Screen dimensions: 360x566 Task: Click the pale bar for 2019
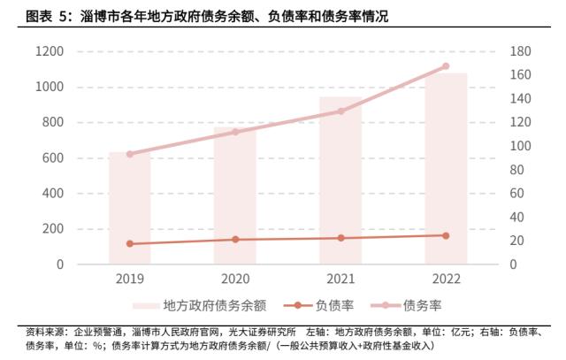click(130, 208)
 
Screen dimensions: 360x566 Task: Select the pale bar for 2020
click(235, 195)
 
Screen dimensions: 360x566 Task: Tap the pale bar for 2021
click(340, 180)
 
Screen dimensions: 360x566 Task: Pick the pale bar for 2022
click(446, 168)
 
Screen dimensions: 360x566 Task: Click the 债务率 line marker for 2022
click(446, 66)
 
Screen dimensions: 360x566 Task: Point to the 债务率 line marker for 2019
click(130, 154)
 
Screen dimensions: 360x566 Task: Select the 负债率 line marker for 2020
click(235, 239)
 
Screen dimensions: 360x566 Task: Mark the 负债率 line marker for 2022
click(446, 235)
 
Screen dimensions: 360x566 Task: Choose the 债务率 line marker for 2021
click(340, 111)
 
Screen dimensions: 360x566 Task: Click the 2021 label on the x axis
click(340, 279)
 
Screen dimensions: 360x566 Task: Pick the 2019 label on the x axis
click(130, 279)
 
